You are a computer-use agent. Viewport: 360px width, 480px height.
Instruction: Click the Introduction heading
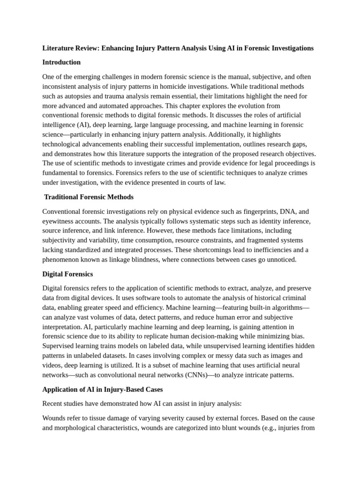tap(61, 62)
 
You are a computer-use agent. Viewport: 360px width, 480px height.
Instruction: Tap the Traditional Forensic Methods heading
tap(89, 197)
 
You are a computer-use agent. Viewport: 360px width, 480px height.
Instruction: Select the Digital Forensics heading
tap(67, 274)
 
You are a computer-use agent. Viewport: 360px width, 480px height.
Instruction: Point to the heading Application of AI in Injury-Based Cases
tap(103, 389)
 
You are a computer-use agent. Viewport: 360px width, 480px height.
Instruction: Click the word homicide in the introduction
tap(173, 86)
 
